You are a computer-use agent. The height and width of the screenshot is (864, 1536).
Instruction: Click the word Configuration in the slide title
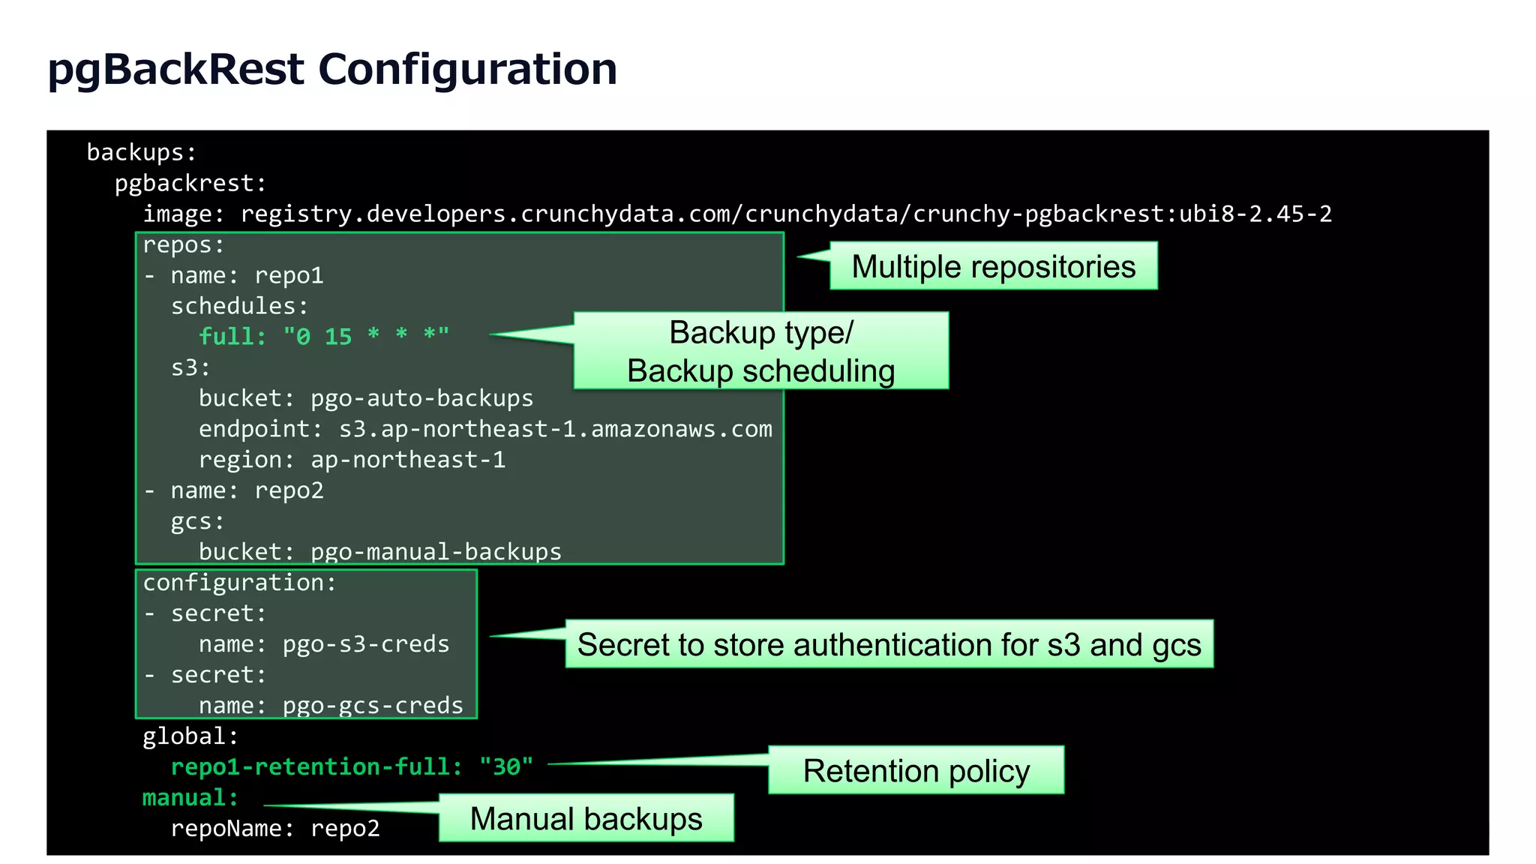(466, 69)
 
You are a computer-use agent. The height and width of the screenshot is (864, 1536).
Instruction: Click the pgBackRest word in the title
(175, 69)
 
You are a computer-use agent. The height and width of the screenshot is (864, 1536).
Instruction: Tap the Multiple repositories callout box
(993, 266)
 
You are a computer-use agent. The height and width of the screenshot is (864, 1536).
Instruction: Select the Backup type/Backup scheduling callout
(760, 351)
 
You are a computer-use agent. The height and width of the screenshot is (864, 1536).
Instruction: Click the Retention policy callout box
(916, 770)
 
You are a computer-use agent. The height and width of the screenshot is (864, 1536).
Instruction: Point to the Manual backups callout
(586, 818)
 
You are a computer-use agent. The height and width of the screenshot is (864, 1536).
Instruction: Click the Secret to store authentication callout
(889, 644)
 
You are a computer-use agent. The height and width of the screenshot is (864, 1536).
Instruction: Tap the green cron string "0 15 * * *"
(365, 337)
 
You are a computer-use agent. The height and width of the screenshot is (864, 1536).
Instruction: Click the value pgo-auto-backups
(421, 398)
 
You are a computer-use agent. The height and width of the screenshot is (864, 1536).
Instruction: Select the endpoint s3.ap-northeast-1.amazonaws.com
(555, 429)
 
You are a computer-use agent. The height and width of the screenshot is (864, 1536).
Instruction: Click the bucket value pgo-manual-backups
(436, 552)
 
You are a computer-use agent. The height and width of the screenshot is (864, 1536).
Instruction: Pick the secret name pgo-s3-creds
(365, 644)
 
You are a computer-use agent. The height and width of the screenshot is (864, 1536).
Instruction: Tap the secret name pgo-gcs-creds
(373, 706)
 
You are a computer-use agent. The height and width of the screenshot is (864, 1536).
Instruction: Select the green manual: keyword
(190, 798)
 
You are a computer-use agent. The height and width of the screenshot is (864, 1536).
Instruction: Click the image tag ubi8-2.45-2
(1255, 214)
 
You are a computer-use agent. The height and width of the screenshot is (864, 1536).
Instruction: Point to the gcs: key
(197, 521)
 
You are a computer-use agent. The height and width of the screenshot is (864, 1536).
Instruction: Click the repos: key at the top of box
(183, 245)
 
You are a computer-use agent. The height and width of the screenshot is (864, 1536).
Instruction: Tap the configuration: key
(239, 583)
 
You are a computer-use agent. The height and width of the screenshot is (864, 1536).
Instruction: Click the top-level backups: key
(141, 153)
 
